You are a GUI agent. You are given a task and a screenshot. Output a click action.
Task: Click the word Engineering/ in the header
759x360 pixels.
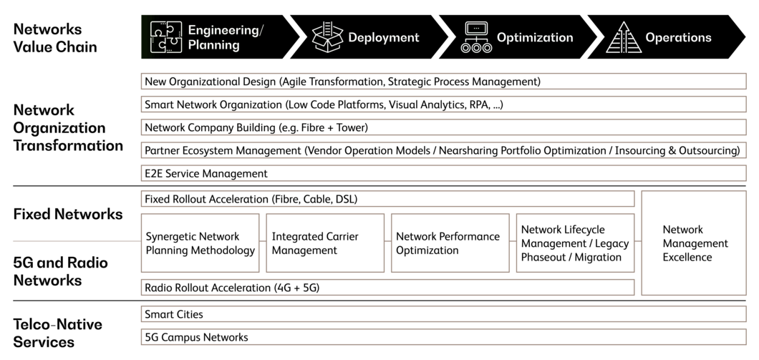pos(226,30)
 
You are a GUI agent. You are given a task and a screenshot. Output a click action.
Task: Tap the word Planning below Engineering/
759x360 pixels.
pos(213,45)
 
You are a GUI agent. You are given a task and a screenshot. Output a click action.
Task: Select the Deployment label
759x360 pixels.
pos(383,37)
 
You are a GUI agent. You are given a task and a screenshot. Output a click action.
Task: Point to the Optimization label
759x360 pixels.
pos(534,37)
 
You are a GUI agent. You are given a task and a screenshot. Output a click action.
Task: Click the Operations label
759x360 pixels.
pos(678,37)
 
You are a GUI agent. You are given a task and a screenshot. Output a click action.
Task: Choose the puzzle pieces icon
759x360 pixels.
pos(165,37)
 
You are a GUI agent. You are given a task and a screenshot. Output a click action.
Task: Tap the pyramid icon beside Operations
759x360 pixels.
pos(622,38)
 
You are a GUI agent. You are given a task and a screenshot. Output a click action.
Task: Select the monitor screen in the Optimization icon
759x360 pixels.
pos(476,29)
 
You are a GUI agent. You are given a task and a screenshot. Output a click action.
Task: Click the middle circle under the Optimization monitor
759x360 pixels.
pos(476,48)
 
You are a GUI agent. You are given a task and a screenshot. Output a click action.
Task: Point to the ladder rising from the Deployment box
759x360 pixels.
pos(328,29)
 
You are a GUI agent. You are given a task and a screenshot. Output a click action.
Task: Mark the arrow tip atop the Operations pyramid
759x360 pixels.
pos(622,24)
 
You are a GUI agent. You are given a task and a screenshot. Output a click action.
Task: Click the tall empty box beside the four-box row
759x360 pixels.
pos(693,243)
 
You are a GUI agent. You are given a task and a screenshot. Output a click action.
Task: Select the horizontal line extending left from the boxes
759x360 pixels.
pos(75,242)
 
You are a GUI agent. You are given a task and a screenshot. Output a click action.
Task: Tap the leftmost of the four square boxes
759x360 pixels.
pos(200,243)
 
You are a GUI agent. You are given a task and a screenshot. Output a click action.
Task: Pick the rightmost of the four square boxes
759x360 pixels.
pos(574,243)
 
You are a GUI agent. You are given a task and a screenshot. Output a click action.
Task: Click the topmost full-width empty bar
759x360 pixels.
pos(443,81)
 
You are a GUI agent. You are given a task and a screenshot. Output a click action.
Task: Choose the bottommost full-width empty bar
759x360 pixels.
pos(443,336)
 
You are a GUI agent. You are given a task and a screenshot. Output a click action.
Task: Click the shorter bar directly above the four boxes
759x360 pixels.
pos(387,199)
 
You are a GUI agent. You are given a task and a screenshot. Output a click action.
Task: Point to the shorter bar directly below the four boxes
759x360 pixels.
pos(387,287)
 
